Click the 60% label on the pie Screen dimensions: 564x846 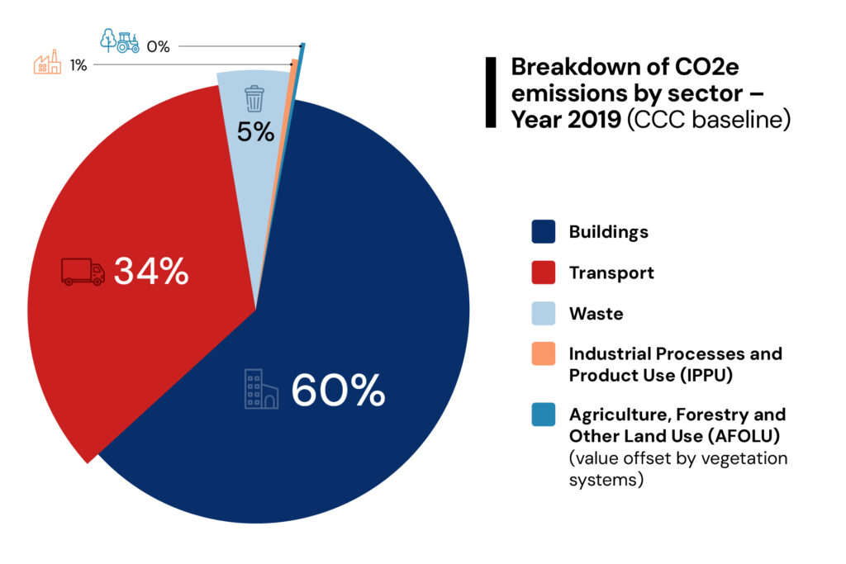338,391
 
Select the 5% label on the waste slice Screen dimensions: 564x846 255,130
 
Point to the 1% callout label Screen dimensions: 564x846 78,64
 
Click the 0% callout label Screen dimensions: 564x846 158,46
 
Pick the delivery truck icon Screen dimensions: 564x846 83,272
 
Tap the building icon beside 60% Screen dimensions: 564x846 261,390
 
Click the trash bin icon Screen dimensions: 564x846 254,98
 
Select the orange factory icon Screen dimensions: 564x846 47,64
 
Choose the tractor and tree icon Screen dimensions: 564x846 120,41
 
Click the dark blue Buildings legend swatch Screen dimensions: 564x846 543,232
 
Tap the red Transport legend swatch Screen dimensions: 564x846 543,273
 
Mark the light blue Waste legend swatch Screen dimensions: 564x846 543,315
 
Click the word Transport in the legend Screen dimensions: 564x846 611,273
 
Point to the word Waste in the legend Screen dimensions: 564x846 596,315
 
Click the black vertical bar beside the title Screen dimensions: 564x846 491,92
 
